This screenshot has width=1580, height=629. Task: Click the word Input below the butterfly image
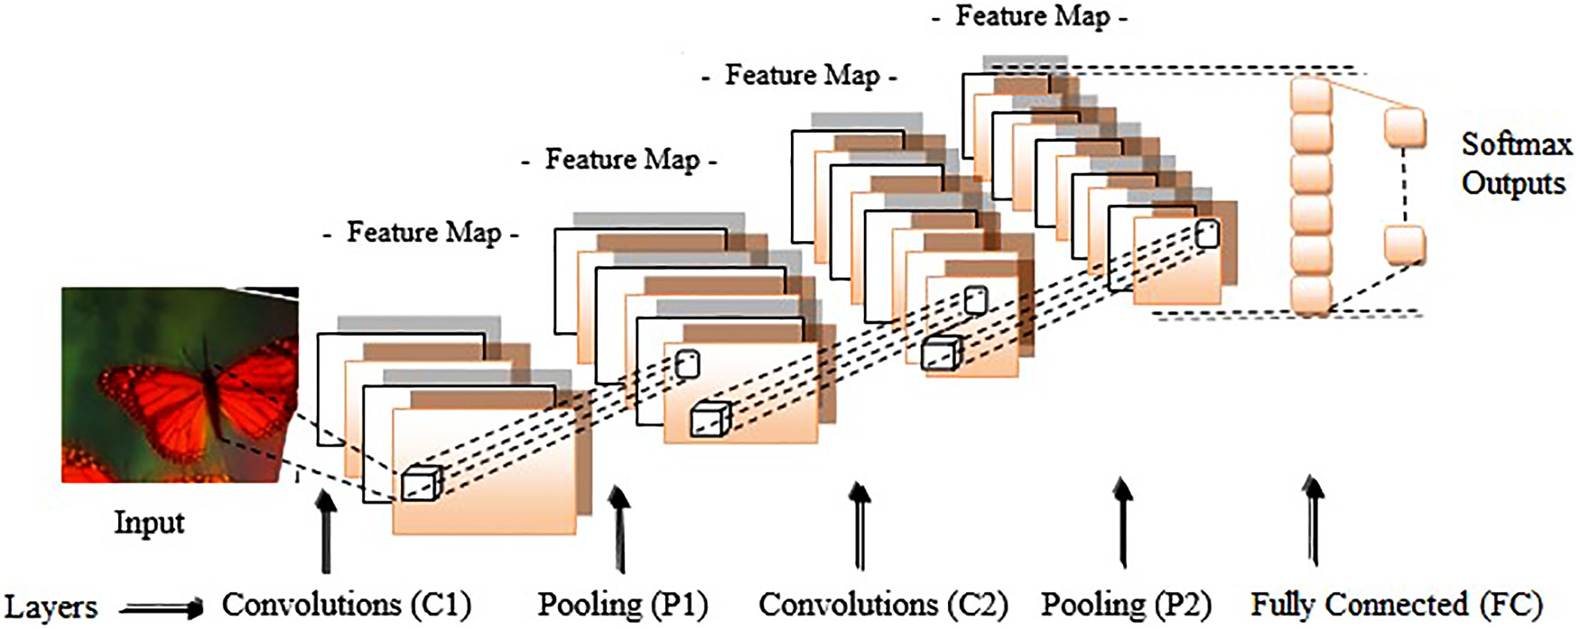pos(149,523)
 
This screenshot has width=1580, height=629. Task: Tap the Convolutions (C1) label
pos(347,605)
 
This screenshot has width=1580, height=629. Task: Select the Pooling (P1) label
pos(623,605)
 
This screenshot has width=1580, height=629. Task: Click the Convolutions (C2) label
pos(883,605)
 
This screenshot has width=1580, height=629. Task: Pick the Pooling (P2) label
pos(1126,605)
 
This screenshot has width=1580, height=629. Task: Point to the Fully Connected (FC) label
pos(1396,605)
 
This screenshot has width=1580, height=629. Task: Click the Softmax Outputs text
pos(1515,163)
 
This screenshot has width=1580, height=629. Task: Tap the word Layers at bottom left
pos(51,607)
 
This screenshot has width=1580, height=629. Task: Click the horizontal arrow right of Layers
pos(162,609)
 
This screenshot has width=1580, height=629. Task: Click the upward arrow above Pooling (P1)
pos(619,529)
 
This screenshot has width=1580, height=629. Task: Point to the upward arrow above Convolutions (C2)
pos(860,526)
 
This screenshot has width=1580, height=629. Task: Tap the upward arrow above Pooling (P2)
pos(1122,523)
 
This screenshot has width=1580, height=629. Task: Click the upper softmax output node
pos(1405,127)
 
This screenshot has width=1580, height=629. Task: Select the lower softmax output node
pos(1405,245)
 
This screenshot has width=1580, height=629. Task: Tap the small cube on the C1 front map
pos(422,484)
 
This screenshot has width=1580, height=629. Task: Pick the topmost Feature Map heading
pos(1032,16)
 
